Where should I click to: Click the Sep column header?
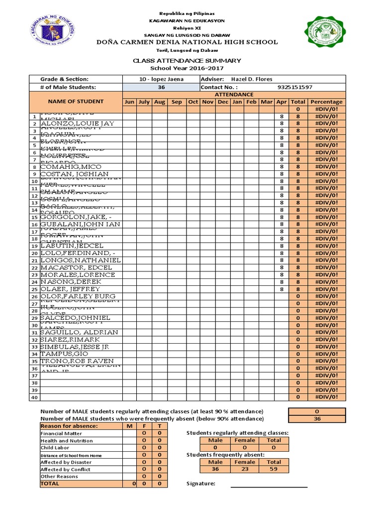177,102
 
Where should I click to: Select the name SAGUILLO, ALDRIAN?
79,332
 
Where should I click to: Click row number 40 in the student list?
34,397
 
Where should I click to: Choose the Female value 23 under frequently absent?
244,469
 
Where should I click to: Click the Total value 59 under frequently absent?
274,469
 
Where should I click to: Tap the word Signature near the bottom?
200,484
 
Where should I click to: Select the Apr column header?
282,102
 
